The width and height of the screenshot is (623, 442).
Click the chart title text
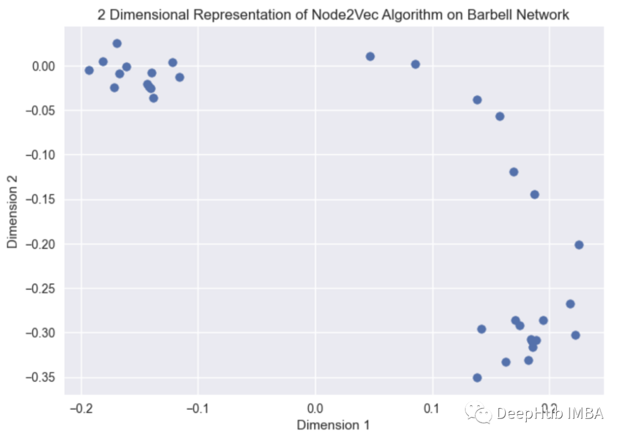point(333,15)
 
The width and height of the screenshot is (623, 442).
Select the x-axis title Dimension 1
point(333,425)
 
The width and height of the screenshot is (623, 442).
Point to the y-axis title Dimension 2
point(13,213)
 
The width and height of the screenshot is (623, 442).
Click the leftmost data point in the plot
point(89,70)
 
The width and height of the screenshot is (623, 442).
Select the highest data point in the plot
point(117,43)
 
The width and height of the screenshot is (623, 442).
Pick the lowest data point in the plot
point(477,377)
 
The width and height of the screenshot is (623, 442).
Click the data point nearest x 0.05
point(370,56)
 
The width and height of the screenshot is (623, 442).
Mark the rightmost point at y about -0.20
point(579,245)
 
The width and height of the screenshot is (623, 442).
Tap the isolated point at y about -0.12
point(514,172)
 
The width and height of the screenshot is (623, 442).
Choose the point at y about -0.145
point(535,194)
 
